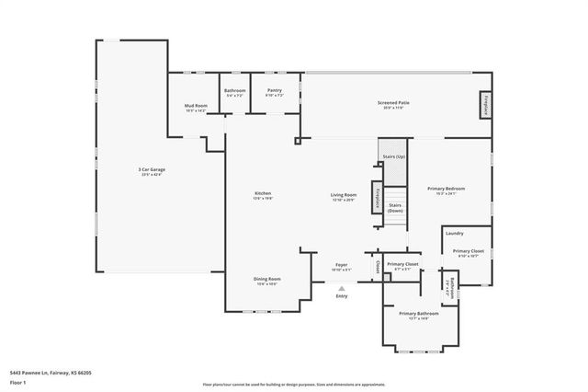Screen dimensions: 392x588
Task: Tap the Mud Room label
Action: pos(196,107)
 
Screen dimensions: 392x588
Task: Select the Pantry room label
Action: pos(274,91)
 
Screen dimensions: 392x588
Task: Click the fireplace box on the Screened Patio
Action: pos(483,105)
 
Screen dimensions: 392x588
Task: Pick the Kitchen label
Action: pos(263,194)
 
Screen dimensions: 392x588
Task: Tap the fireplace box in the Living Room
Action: pos(376,199)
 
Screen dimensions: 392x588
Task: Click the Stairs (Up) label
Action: pos(393,158)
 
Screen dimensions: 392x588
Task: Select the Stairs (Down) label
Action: pos(395,208)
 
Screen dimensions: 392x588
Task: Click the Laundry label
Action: pos(455,233)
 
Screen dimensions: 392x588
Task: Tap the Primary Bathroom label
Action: pos(418,314)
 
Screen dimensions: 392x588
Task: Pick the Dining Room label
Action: pos(266,279)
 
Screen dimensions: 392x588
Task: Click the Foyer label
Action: pos(341,264)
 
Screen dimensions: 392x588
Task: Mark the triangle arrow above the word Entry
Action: pos(341,287)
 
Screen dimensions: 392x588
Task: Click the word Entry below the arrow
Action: pos(342,296)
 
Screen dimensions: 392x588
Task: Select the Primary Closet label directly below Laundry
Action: pos(469,250)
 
